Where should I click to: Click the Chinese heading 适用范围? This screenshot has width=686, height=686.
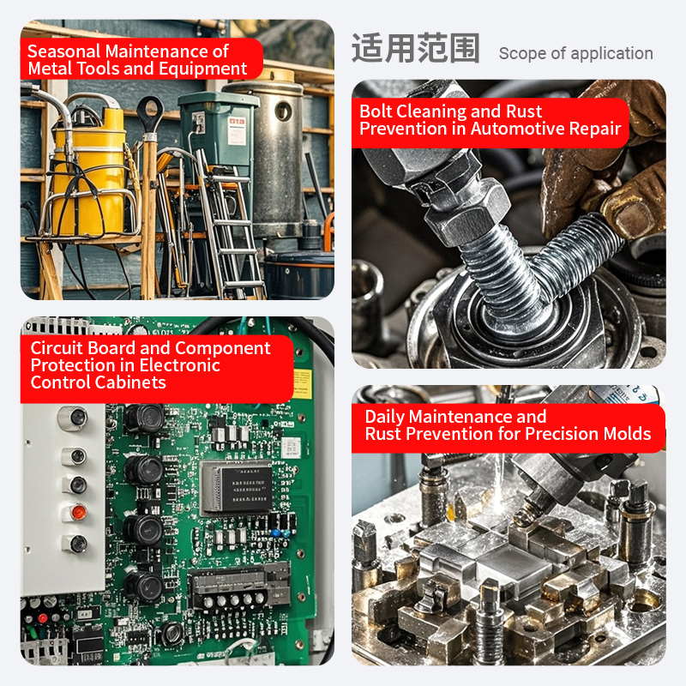(416, 48)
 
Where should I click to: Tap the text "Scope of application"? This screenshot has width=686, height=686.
(575, 53)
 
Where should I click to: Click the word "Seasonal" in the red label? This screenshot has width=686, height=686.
(63, 51)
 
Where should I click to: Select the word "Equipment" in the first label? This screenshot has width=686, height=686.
(203, 69)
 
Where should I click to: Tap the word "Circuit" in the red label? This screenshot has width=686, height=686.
(57, 348)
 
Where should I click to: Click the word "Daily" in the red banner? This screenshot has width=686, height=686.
(385, 418)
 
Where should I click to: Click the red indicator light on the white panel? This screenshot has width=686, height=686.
(79, 512)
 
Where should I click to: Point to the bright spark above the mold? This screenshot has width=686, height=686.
(500, 481)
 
